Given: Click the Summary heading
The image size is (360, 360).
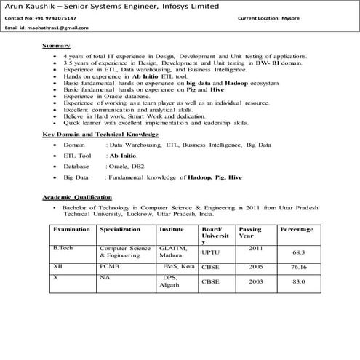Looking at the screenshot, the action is [56, 46].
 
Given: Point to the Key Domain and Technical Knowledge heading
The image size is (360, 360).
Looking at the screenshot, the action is [100, 135].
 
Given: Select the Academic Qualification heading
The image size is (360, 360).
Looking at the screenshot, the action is [77, 198].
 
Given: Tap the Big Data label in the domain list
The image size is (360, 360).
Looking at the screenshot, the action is [76, 176].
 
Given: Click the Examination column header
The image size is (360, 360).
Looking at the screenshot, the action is [71, 228].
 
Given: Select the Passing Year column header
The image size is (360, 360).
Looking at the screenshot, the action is [250, 233].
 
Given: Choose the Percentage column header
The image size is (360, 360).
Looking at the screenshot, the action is [297, 228].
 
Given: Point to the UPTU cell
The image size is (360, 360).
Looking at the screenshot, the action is [210, 252].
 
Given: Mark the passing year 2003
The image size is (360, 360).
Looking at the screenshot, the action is [256, 281].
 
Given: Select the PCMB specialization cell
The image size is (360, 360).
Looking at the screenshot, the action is [109, 268].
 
